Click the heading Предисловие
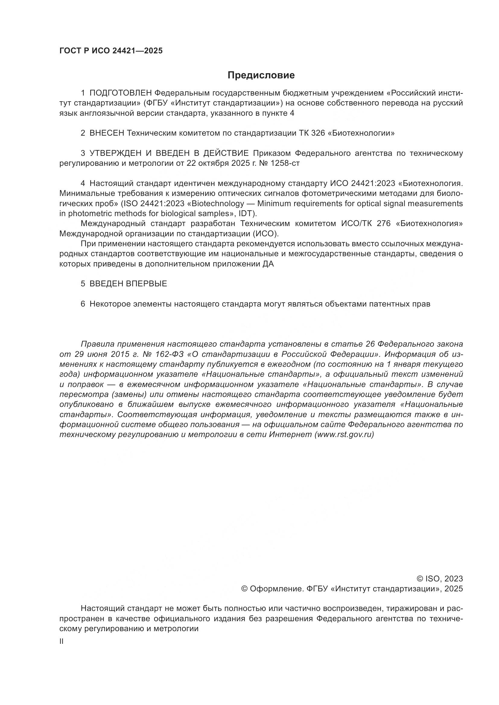261,75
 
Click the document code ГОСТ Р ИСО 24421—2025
111,51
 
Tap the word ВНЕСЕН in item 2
106,133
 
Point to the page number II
62,641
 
